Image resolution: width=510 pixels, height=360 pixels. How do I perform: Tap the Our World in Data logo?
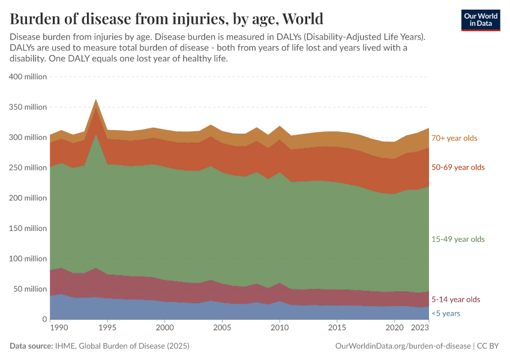[x=480, y=20]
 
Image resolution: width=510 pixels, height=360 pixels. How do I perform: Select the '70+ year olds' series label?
[x=454, y=138]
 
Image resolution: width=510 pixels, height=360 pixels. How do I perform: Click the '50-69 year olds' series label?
[x=458, y=167]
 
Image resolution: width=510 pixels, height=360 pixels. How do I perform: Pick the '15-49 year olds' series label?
[x=458, y=239]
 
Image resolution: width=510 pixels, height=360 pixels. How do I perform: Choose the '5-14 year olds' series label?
[x=455, y=299]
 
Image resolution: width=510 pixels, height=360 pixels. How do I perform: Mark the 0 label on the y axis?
[x=44, y=319]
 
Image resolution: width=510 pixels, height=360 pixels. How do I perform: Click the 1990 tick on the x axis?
[x=58, y=329]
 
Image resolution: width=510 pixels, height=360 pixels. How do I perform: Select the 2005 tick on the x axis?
[x=222, y=329]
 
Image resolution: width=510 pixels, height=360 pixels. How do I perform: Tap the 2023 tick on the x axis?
[x=420, y=329]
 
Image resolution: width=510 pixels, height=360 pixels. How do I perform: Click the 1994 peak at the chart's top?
[x=96, y=100]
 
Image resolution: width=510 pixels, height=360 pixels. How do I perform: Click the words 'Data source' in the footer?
[x=31, y=346]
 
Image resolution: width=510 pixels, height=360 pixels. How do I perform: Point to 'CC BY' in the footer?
[x=488, y=346]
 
